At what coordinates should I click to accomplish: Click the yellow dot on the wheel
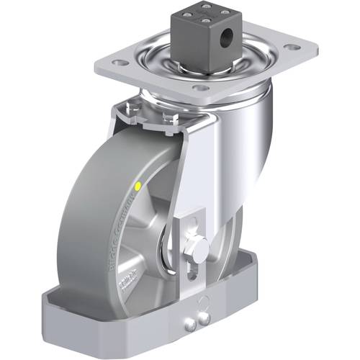click(x=138, y=186)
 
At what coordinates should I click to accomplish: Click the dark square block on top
click(x=205, y=32)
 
